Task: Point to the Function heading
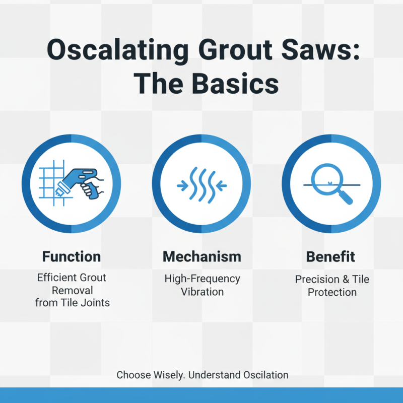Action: (71, 256)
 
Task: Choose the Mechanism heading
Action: (201, 256)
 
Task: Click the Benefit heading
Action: (331, 256)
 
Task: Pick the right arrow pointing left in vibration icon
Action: (220, 184)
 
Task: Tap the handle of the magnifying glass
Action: (347, 196)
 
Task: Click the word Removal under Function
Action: (71, 290)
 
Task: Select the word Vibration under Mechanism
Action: (202, 291)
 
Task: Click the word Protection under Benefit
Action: (332, 292)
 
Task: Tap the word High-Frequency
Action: (202, 279)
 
